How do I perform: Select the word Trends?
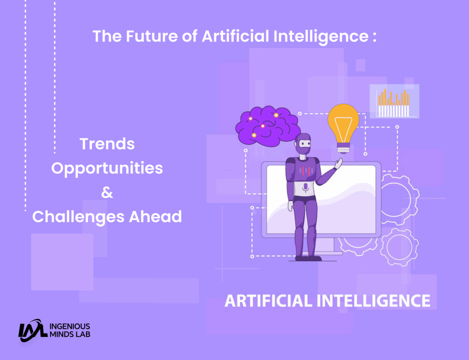point(107,144)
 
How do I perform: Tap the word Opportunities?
point(107,168)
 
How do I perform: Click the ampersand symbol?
point(107,192)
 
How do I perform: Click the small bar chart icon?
point(393,102)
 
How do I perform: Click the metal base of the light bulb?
point(343,147)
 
